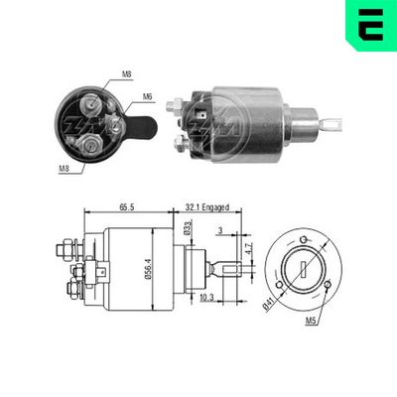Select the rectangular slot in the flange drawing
tap(306, 267)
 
